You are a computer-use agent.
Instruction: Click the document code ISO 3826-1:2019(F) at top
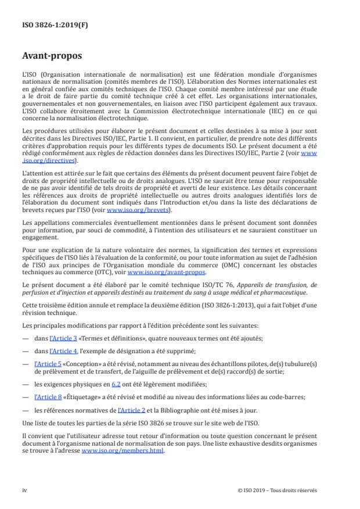point(48,25)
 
